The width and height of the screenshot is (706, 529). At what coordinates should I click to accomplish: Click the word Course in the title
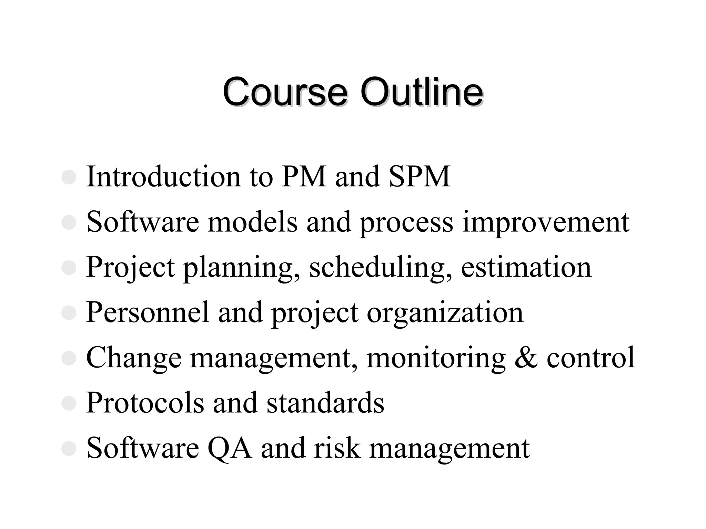[284, 92]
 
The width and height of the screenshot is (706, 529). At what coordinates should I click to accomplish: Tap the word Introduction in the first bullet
[163, 177]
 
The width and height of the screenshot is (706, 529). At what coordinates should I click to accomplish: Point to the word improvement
[545, 222]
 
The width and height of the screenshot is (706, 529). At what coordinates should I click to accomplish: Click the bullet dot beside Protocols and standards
[69, 403]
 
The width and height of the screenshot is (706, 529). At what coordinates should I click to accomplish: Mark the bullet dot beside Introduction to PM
[69, 177]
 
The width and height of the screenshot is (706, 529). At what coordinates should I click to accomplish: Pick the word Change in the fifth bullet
[133, 358]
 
